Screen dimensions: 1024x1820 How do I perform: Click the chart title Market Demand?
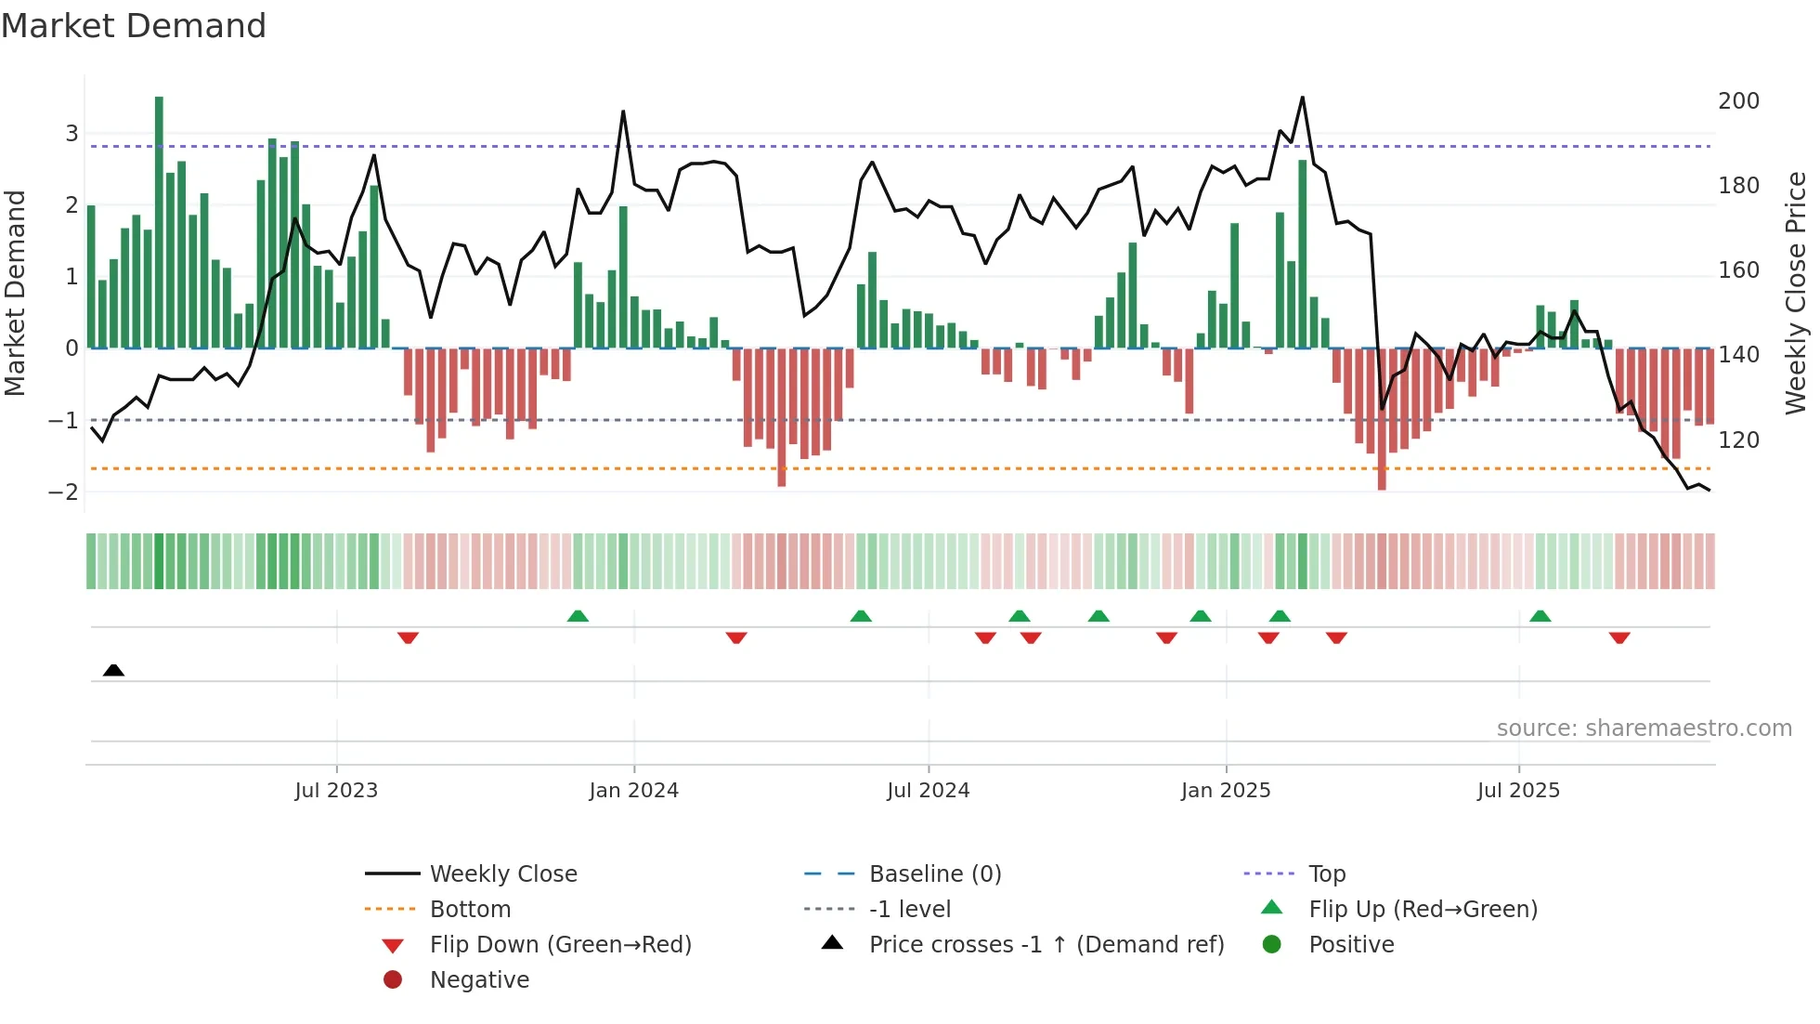(134, 26)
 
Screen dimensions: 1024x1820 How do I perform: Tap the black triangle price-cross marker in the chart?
(113, 670)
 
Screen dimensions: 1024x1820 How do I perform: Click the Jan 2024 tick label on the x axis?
(633, 791)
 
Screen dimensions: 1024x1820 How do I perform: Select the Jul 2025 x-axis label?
(1518, 791)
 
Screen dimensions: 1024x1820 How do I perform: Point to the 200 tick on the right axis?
(1738, 101)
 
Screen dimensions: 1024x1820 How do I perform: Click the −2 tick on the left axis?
(63, 492)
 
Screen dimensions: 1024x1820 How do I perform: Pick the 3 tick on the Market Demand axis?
(71, 133)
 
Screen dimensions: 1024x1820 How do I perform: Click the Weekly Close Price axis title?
(1795, 293)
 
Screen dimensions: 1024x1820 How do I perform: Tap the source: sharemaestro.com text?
(1644, 729)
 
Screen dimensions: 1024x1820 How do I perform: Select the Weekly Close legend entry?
(502, 874)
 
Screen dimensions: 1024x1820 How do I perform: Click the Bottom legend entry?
(470, 910)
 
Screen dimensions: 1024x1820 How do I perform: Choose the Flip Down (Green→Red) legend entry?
(560, 945)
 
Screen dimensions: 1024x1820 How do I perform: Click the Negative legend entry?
(479, 980)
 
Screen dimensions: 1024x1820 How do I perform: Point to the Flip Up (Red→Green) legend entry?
(1423, 910)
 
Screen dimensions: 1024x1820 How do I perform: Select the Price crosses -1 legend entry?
(1046, 945)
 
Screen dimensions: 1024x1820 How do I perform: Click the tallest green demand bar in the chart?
(159, 223)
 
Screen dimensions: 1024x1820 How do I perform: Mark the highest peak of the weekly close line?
(1302, 98)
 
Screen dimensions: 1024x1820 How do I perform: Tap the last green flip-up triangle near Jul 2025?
(1540, 616)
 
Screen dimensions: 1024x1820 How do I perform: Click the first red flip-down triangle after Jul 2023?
(408, 637)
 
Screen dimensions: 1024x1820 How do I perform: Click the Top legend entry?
(1326, 874)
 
